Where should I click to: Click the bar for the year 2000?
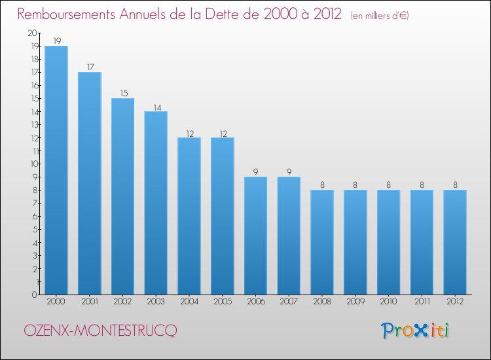[x=56, y=170]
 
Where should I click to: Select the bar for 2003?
[x=156, y=203]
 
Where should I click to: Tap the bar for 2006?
[x=255, y=236]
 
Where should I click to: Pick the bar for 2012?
[x=455, y=242]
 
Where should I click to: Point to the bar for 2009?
[x=355, y=242]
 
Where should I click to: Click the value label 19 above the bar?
[x=56, y=41]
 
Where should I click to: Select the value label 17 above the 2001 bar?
[x=90, y=67]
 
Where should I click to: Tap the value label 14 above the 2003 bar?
[x=156, y=106]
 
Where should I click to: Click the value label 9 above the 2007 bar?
[x=289, y=171]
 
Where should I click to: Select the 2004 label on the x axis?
[x=189, y=302]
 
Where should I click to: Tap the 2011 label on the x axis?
[x=422, y=302]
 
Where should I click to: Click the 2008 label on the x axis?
[x=322, y=302]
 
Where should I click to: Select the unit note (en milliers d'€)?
[x=380, y=15]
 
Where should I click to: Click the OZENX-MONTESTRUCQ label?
[x=100, y=331]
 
